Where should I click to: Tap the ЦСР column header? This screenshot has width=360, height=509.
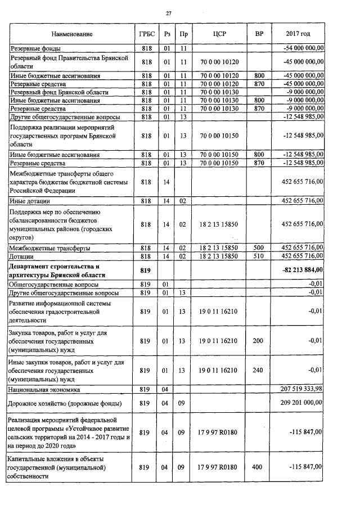(x=220, y=34)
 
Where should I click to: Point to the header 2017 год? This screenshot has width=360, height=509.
(x=298, y=34)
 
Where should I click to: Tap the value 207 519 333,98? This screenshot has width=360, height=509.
(x=301, y=389)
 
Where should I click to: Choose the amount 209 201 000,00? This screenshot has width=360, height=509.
(x=301, y=403)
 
